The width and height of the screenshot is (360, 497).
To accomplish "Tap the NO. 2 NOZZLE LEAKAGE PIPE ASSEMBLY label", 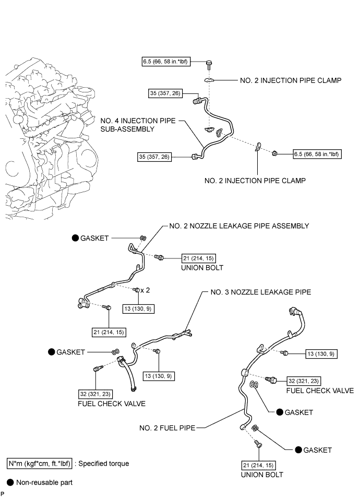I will (x=239, y=226).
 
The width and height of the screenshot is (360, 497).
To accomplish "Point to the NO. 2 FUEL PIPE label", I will (x=167, y=428).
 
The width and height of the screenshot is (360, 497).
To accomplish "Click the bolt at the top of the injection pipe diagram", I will (x=209, y=64).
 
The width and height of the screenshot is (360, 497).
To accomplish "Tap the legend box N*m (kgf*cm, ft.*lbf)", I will (x=40, y=463).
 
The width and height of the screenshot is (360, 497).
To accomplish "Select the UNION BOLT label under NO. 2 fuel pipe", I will (x=261, y=475).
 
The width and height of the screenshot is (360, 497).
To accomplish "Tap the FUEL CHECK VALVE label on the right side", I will (x=319, y=390).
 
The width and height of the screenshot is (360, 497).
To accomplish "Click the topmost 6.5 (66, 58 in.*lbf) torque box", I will (x=165, y=62).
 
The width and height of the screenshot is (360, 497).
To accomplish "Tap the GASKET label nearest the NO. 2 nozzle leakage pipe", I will (x=94, y=238).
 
